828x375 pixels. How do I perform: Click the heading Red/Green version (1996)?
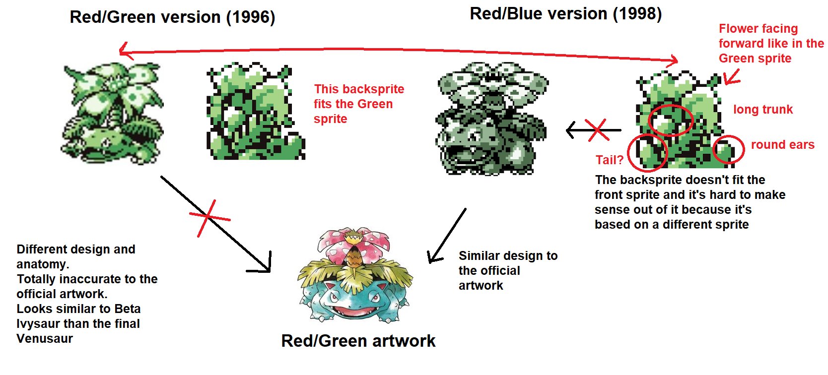[172, 17]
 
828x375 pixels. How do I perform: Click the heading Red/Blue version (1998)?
[565, 14]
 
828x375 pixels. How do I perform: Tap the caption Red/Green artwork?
[358, 341]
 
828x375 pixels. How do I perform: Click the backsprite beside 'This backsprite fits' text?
[254, 112]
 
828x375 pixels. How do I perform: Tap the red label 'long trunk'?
[762, 110]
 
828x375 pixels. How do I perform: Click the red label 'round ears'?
[782, 145]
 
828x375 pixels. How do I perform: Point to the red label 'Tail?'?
[609, 160]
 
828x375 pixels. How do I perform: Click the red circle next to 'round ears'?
[728, 149]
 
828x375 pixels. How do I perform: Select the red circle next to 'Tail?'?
[647, 152]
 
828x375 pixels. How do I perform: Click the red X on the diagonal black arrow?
[208, 217]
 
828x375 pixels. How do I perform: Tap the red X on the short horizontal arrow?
[597, 130]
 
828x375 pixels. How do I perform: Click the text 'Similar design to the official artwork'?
[507, 270]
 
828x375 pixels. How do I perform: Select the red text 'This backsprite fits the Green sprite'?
[358, 104]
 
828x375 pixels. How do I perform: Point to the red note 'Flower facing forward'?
[770, 43]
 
